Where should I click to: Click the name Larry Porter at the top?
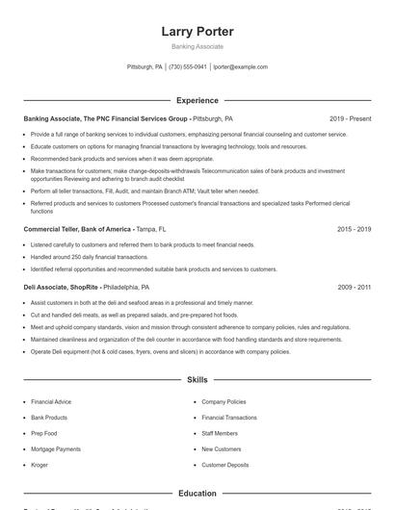pyautogui.click(x=197, y=32)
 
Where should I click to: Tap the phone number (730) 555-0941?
pyautogui.click(x=188, y=67)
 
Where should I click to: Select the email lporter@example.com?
pyautogui.click(x=240, y=67)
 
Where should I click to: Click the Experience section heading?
pyautogui.click(x=197, y=100)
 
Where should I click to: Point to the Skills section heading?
pyautogui.click(x=197, y=380)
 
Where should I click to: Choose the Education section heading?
pyautogui.click(x=197, y=493)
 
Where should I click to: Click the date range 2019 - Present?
pyautogui.click(x=350, y=118)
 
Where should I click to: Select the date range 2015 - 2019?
pyautogui.click(x=355, y=230)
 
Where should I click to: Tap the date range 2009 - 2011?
pyautogui.click(x=355, y=287)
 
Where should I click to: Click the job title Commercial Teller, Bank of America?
pyautogui.click(x=77, y=230)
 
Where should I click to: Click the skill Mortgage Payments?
pyautogui.click(x=56, y=449)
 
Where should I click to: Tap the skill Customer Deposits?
pyautogui.click(x=225, y=465)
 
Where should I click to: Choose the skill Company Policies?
pyautogui.click(x=224, y=401)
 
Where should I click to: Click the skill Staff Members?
pyautogui.click(x=220, y=433)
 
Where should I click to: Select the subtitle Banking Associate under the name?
pyautogui.click(x=197, y=46)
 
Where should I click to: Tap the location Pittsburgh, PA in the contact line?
pyautogui.click(x=145, y=67)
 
